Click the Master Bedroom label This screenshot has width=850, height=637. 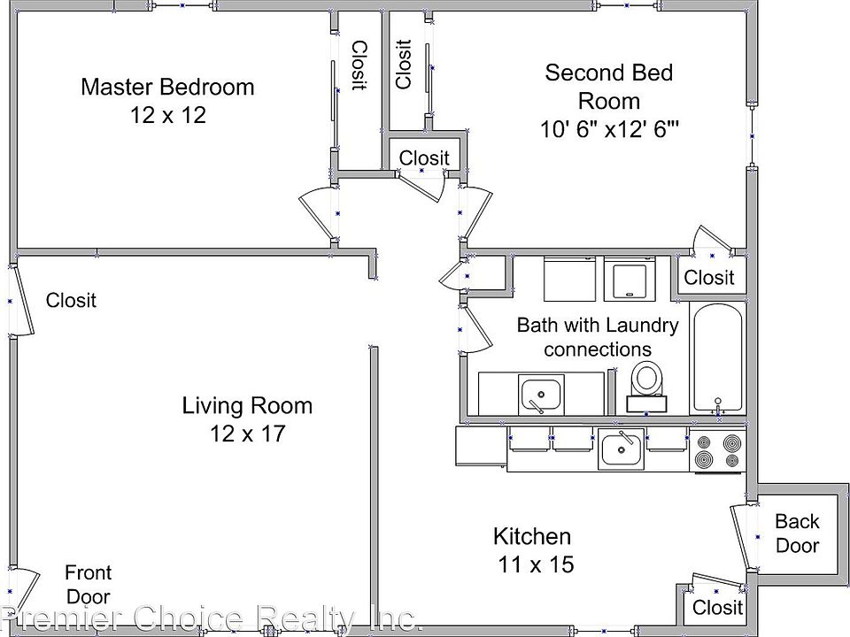coord(167,87)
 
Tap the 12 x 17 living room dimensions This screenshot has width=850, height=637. coord(247,434)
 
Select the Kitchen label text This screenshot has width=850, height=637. coord(532,536)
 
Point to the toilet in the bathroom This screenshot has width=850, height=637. coord(646,387)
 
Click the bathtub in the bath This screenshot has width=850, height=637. coord(718,358)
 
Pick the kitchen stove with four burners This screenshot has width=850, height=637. coord(718,449)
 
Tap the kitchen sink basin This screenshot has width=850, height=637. coord(622,449)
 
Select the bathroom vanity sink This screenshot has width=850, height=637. coord(541,394)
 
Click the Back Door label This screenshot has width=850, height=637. coord(797,533)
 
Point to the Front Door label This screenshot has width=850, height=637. coord(88,584)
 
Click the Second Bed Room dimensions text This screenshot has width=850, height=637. coord(609,129)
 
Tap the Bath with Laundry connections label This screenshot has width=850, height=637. coord(598,337)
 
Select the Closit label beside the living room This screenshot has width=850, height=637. coord(71,300)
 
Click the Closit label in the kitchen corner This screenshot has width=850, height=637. coord(717,607)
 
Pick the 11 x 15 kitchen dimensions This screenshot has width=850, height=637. coord(536,564)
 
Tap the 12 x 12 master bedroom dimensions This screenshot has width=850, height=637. coord(168,115)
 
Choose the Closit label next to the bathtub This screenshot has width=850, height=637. coord(708,277)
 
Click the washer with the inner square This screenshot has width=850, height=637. coord(630,279)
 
